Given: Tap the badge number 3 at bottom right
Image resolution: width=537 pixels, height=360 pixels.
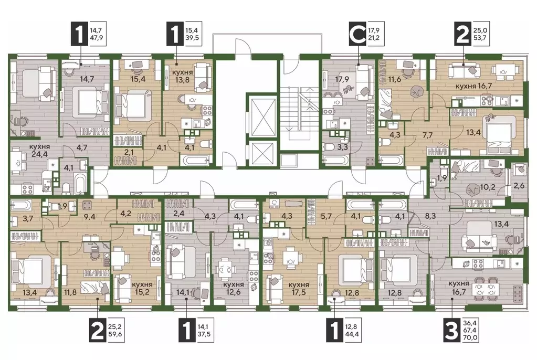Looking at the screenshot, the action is (x=451, y=331).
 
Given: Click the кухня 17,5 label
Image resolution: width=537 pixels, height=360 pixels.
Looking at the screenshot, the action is (x=299, y=289).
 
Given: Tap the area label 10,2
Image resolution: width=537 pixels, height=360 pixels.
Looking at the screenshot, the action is (x=487, y=187).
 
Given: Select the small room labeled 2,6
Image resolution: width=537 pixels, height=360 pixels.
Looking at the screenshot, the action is (x=519, y=186).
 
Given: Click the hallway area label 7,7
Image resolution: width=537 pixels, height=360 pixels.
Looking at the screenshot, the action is (x=428, y=135).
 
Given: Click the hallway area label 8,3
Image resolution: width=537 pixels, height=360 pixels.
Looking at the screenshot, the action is (x=430, y=217).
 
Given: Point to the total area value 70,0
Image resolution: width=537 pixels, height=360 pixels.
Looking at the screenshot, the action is (x=471, y=338).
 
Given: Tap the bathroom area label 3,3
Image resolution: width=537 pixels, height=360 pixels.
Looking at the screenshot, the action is (x=343, y=147).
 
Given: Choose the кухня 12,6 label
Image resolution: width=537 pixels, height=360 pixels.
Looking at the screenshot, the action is (x=234, y=289).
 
